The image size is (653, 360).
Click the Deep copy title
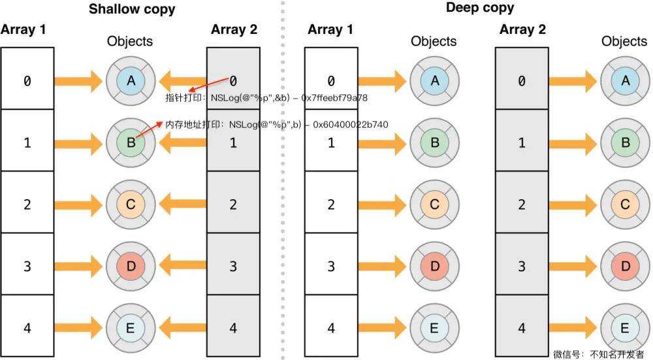coord(480,8)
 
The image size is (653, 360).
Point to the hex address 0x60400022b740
coord(351,123)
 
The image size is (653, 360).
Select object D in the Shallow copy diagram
coord(131,266)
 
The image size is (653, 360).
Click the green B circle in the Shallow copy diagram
coord(131,142)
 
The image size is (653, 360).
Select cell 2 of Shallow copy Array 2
coord(234,205)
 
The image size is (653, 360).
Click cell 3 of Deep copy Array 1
coord(331,267)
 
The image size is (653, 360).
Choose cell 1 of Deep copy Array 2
coord(522,142)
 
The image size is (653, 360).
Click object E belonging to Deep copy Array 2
coord(626,328)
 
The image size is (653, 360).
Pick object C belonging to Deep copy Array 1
coord(435,205)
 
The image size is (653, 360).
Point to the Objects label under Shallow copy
coord(130,41)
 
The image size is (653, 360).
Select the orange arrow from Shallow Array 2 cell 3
coord(183,266)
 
